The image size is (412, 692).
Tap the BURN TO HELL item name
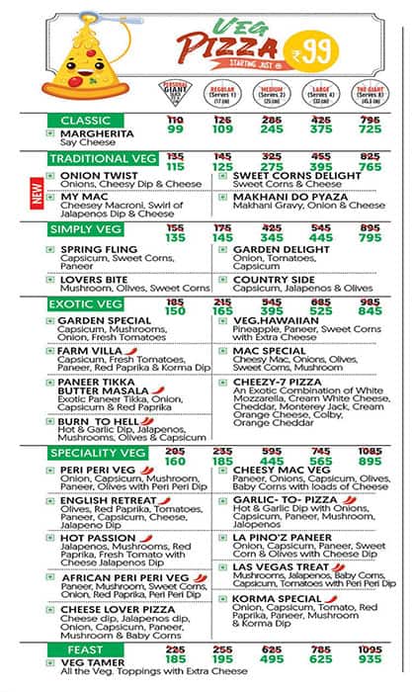[98, 421]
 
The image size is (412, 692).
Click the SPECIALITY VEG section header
[98, 453]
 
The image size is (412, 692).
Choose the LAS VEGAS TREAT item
[282, 567]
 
